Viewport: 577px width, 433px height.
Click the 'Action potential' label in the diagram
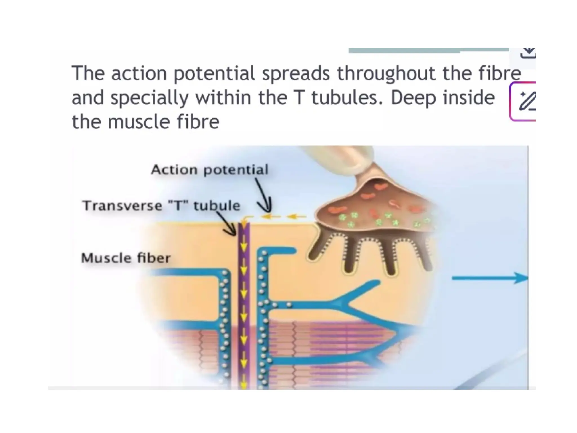pyautogui.click(x=210, y=170)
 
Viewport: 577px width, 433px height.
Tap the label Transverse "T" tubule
pyautogui.click(x=161, y=206)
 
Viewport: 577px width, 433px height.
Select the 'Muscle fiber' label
pyautogui.click(x=126, y=258)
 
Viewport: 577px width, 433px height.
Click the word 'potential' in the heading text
pyautogui.click(x=214, y=73)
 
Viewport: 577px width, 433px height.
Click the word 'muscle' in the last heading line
pyautogui.click(x=139, y=122)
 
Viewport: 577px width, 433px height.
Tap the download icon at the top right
pyautogui.click(x=527, y=53)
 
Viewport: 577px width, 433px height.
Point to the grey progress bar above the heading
pyautogui.click(x=428, y=50)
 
